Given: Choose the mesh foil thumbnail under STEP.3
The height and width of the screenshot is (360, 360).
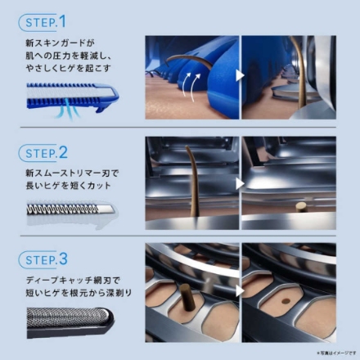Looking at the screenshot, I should (x=65, y=325).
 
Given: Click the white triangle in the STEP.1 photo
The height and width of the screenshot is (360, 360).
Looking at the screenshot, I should (x=241, y=74).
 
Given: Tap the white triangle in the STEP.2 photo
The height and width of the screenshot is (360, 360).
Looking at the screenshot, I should (x=241, y=182).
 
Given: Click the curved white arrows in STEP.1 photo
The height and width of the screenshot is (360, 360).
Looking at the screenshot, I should (x=192, y=82).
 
